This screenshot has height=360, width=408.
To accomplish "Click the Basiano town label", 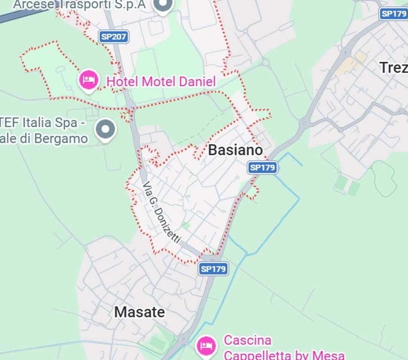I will coord(235,150).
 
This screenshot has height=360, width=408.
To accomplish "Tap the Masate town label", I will coord(139,312).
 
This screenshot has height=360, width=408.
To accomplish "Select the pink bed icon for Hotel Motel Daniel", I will coord(89,80).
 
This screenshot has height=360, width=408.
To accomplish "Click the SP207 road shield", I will coord(114,37).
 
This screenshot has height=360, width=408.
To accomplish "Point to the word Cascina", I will coord(248,340).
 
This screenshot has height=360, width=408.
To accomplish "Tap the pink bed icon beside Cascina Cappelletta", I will coord(206,345).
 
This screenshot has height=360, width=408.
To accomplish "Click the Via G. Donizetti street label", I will coord(161,212).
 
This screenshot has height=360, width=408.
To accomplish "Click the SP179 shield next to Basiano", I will coord(262,167).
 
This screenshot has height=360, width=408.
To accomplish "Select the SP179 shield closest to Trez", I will coord(393,14).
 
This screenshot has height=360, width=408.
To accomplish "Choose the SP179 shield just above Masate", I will coord(213,269).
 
